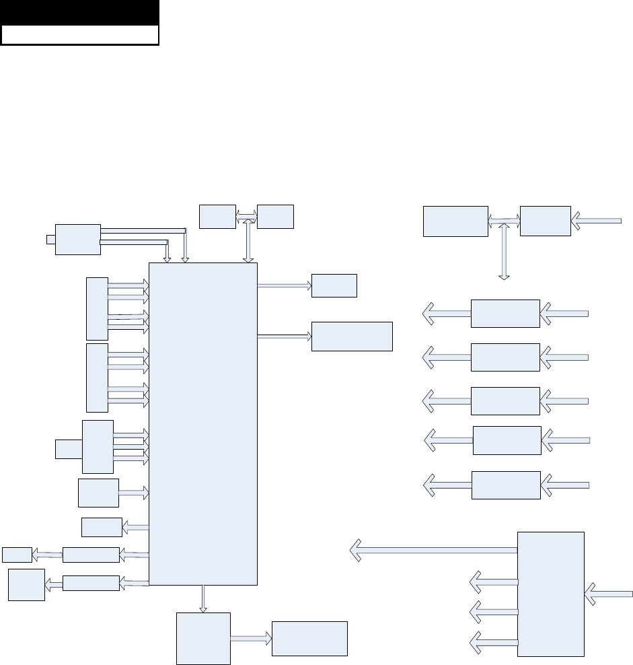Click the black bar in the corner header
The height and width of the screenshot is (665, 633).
click(x=79, y=13)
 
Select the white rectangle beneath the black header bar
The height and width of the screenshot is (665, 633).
click(x=79, y=35)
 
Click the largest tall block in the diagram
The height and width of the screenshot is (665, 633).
click(x=202, y=423)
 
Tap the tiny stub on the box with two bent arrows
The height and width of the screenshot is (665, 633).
click(x=50, y=239)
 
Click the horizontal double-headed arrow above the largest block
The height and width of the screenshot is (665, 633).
click(x=246, y=216)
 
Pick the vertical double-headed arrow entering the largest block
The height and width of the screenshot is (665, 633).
click(x=249, y=240)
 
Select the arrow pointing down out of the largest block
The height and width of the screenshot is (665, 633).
click(x=203, y=598)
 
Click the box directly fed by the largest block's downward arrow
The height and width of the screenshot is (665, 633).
click(x=203, y=637)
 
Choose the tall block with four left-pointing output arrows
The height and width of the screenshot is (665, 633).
click(x=550, y=594)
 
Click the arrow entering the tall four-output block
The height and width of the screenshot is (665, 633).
click(x=609, y=594)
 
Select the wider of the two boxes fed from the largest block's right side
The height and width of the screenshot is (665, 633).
click(x=351, y=336)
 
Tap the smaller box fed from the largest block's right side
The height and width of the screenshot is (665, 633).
click(x=334, y=285)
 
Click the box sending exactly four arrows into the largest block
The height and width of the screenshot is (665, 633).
click(x=98, y=446)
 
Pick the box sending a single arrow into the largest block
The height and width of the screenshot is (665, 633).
click(x=98, y=493)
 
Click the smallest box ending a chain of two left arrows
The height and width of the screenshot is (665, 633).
click(x=16, y=555)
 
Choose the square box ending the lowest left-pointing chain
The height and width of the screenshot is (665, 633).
click(x=26, y=584)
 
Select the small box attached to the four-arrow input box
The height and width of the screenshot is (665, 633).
click(x=68, y=448)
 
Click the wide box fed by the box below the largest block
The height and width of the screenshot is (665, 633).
click(x=309, y=638)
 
